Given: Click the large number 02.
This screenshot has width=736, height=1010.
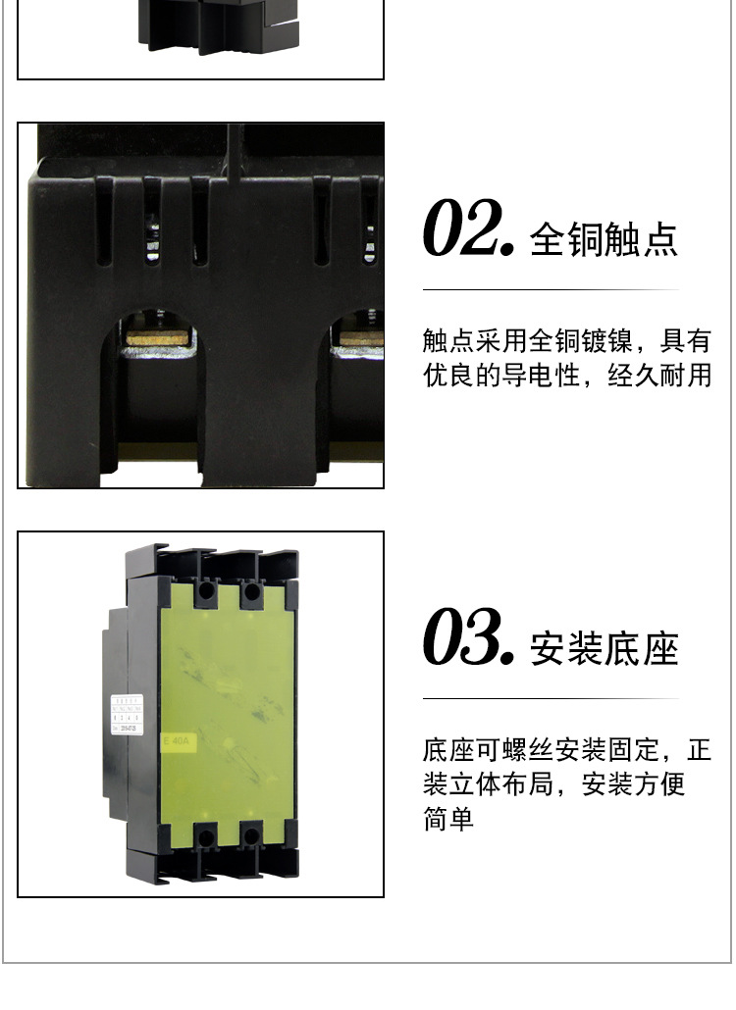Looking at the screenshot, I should (468, 231).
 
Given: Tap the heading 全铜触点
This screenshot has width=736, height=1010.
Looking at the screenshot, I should (605, 239).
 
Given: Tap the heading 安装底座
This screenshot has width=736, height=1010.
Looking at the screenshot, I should (605, 648).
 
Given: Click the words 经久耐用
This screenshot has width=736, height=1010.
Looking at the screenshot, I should (659, 376).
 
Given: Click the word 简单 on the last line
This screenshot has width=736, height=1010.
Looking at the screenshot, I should (448, 818).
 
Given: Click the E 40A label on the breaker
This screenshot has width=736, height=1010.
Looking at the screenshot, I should (179, 742).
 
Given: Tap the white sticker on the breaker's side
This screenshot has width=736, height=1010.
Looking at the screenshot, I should (125, 713).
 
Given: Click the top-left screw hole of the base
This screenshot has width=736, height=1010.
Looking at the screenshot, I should (207, 591).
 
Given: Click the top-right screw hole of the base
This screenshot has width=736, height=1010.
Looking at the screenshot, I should (253, 591).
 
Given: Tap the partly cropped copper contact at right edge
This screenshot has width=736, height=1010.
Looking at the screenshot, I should (359, 338).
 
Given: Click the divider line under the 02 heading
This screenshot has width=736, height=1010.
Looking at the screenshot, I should (551, 290).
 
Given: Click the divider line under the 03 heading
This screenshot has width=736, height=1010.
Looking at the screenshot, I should (551, 698).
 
